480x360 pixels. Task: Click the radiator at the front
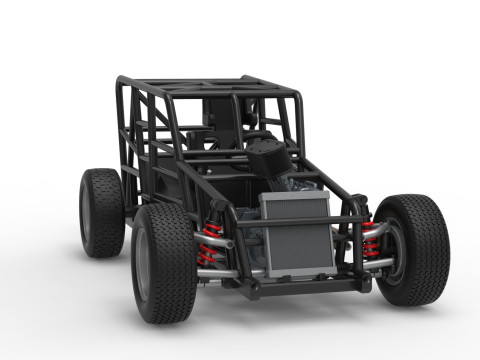[x=297, y=240]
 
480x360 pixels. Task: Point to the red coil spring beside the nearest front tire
[x=209, y=243]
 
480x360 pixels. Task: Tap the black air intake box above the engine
[x=268, y=157]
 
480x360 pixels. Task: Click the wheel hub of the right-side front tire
[x=391, y=249]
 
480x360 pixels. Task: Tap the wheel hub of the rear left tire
[x=86, y=212]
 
